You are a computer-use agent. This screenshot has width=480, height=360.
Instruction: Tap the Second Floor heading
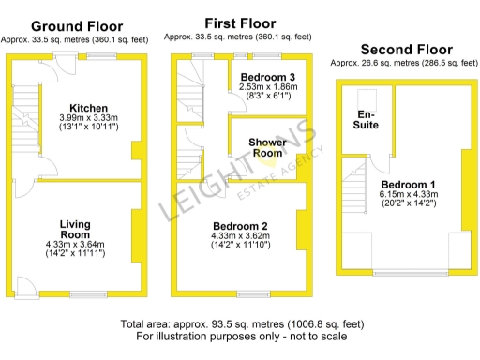point(406,50)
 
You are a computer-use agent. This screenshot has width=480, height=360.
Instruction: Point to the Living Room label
point(75,229)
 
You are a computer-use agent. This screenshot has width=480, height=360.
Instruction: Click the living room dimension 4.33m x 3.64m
point(76,246)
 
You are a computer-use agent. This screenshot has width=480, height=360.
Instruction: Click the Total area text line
point(239,324)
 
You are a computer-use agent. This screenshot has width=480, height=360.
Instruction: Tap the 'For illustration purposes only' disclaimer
point(239,336)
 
